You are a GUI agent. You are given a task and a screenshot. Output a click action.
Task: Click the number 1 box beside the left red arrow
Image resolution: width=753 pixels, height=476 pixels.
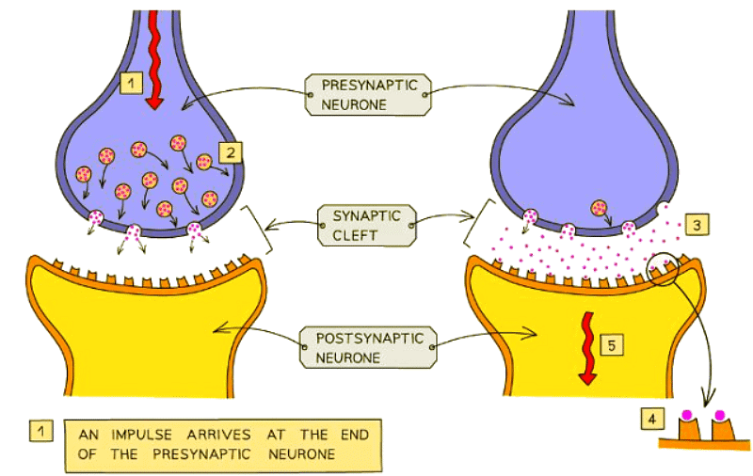tap(133, 84)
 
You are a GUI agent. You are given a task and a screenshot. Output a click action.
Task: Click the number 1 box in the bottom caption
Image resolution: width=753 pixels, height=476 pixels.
tap(40, 431)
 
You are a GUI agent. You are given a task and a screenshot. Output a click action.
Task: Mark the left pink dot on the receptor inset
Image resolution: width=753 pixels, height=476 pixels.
tap(687, 414)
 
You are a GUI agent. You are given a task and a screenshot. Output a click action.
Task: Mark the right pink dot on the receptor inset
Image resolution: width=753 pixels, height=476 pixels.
tap(720, 414)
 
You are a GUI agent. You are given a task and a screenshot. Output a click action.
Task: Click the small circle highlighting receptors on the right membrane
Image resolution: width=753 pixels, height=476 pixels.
tap(665, 270)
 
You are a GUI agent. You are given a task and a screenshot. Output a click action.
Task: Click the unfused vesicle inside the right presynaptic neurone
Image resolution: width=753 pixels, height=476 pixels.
tap(598, 208)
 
